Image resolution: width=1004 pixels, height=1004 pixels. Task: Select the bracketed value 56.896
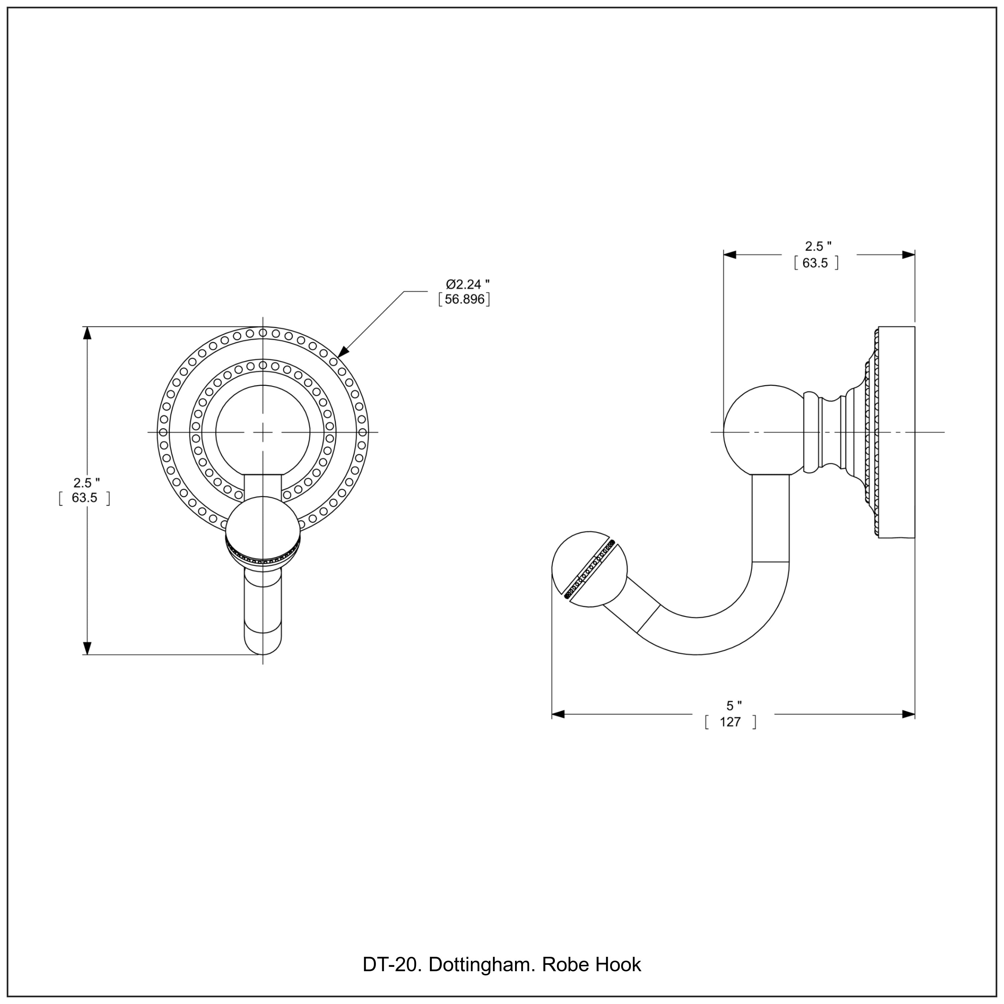tap(464, 300)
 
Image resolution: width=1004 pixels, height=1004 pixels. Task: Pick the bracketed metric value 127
tap(730, 722)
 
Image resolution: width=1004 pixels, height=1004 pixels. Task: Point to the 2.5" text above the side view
tap(818, 246)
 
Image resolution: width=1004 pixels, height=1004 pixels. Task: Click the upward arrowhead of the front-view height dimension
tap(87, 333)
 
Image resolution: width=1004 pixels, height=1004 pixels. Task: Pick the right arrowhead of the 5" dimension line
tap(908, 715)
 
